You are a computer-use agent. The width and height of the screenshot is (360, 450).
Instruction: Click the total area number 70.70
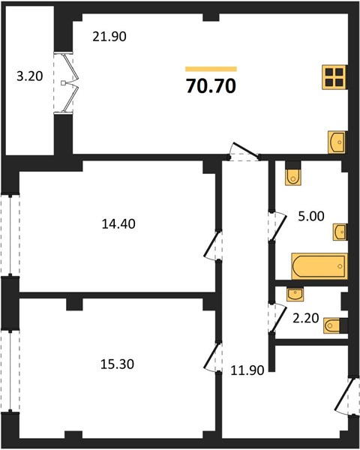tap(211, 85)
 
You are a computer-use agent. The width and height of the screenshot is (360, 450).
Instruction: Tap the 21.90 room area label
tap(109, 37)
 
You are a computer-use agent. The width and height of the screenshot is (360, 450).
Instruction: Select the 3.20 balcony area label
tap(30, 76)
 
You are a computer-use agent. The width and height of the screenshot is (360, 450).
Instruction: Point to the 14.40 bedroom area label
tap(118, 223)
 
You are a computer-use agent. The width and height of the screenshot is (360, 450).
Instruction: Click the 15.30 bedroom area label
tap(118, 364)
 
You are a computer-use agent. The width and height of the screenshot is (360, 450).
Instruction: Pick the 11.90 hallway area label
tap(247, 370)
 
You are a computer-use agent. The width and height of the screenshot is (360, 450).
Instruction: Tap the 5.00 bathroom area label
tap(311, 216)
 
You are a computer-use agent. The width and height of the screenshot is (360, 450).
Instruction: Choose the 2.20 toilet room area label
tap(306, 318)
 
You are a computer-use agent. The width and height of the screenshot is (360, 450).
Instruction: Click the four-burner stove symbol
tap(334, 77)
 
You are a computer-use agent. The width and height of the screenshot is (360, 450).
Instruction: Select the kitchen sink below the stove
tap(337, 142)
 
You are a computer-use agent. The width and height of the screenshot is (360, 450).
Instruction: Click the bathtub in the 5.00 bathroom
tap(319, 266)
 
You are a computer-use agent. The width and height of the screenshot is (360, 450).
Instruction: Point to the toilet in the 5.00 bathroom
tap(293, 173)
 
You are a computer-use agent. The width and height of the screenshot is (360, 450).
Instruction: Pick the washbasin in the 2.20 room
tap(295, 295)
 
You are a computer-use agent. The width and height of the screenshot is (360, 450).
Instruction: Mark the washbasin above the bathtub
tap(340, 232)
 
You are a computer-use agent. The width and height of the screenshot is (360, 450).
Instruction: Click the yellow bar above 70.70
tap(211, 69)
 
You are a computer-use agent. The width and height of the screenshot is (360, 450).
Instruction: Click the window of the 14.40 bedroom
tap(10, 236)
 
